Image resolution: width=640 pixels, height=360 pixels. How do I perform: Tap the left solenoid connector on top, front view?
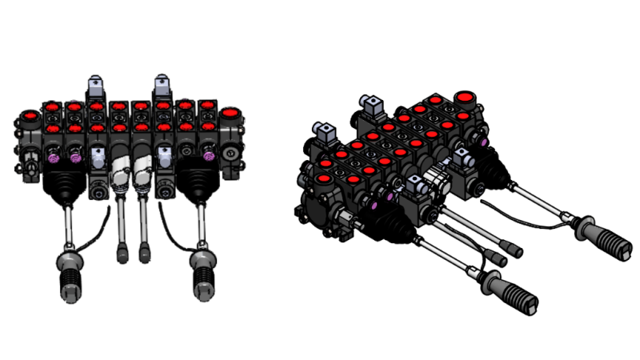pos(95,84)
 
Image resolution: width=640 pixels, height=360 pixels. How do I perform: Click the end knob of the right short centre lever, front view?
pos(145,254)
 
